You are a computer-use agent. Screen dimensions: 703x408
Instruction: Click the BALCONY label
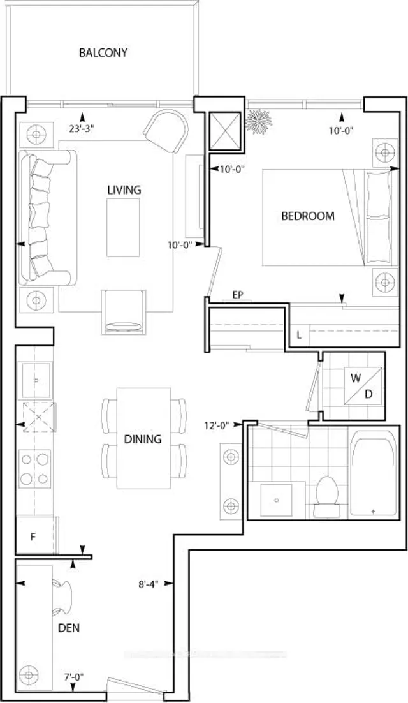[x=103, y=52]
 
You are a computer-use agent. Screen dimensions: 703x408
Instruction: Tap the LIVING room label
[x=124, y=189]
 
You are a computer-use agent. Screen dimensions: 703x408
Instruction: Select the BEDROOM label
[x=308, y=216]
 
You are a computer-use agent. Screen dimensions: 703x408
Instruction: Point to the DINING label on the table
[x=143, y=439]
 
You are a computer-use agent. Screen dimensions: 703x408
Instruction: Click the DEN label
[x=68, y=628]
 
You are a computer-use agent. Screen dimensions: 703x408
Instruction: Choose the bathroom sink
[x=277, y=500]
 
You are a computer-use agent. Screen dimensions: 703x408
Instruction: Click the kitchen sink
[x=36, y=380]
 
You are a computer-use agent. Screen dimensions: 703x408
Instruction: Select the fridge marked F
[x=33, y=536]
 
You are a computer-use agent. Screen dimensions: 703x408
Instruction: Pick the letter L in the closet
[x=299, y=334]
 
